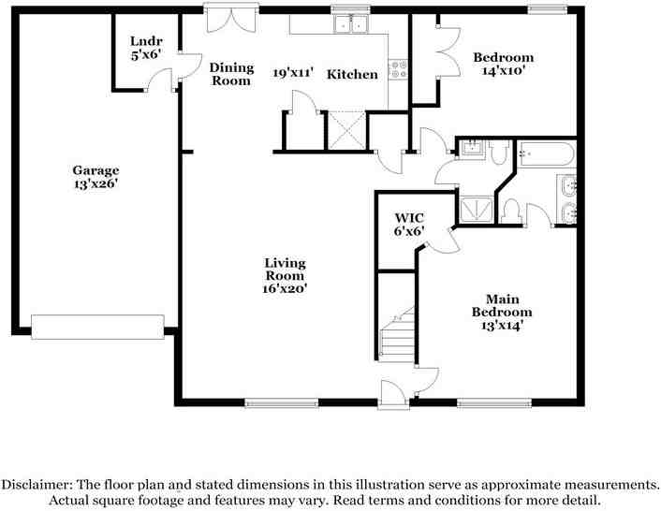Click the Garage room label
click(95, 170)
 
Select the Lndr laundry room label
click(146, 42)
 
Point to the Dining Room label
click(230, 74)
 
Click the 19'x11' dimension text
click(292, 72)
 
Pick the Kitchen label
click(352, 74)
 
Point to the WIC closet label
click(409, 217)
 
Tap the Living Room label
click(284, 270)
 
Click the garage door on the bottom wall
click(97, 326)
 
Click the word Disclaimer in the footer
click(37, 485)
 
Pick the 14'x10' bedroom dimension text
click(503, 70)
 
